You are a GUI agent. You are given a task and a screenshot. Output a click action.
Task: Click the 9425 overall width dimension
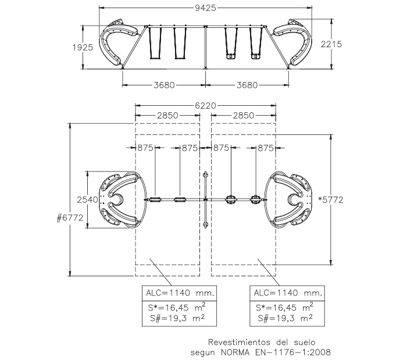[x=205, y=8]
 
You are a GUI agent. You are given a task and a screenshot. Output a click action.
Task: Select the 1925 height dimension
[x=83, y=48]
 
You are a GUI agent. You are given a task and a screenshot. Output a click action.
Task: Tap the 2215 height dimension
[x=331, y=44]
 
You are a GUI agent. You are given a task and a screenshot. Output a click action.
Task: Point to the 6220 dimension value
[x=205, y=106]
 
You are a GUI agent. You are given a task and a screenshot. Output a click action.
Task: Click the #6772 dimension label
[x=70, y=218]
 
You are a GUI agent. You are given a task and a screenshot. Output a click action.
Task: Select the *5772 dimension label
[x=331, y=199]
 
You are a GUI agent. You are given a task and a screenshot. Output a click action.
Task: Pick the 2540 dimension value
[x=87, y=199]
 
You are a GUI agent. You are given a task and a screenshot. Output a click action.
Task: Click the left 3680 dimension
[x=164, y=85]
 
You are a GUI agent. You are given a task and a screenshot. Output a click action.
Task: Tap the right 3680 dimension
[x=247, y=85]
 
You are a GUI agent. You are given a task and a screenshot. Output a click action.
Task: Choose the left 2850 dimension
[x=167, y=116]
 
